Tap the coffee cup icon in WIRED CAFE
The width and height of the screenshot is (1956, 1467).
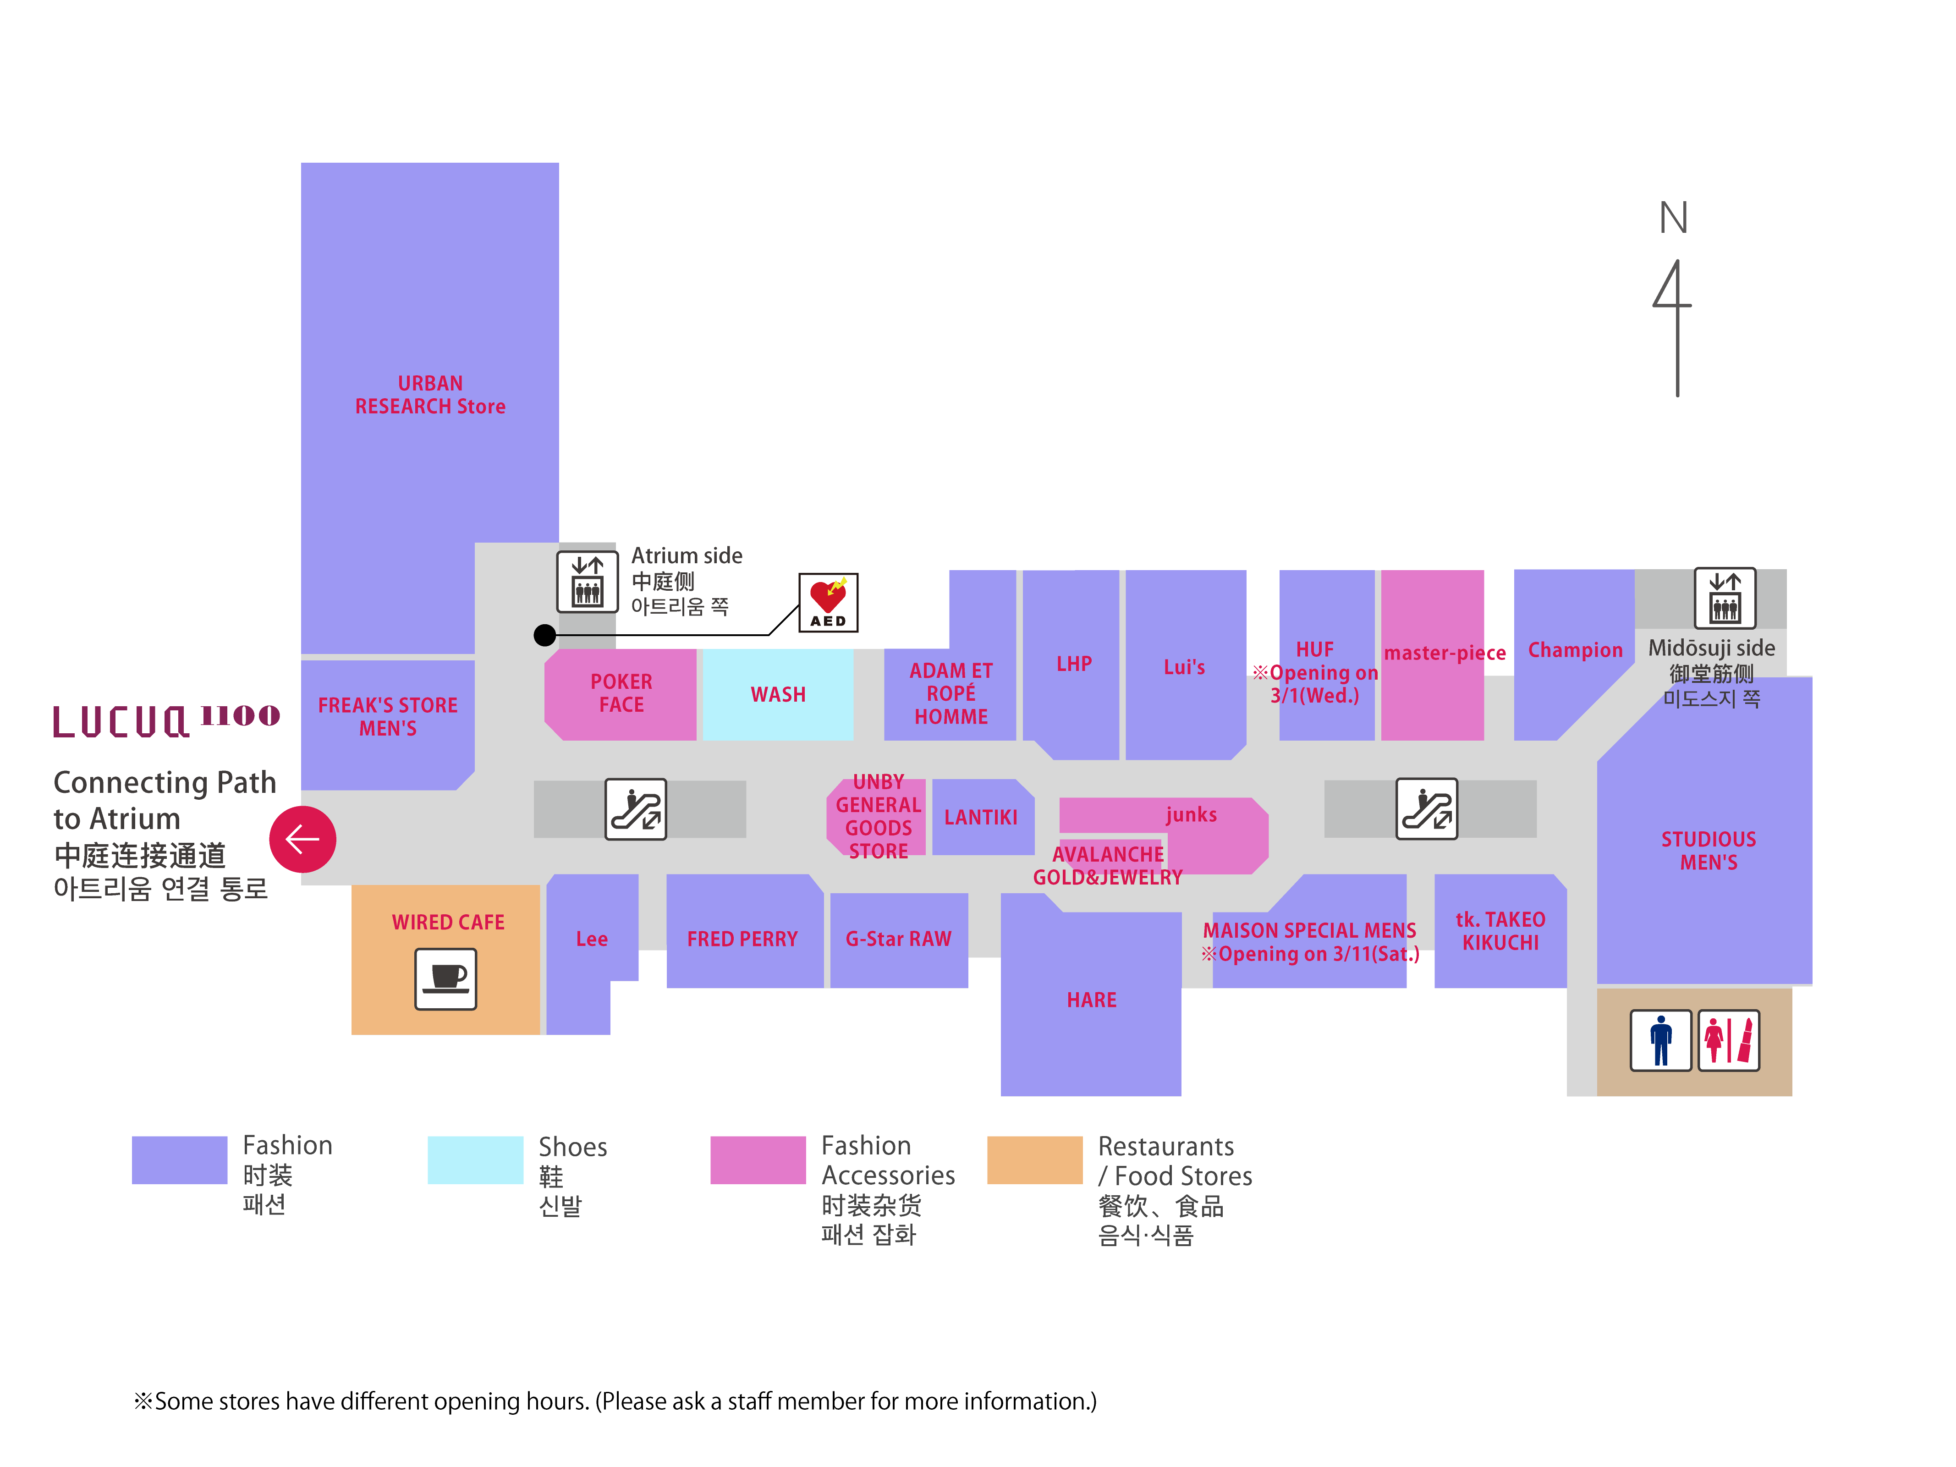tap(445, 978)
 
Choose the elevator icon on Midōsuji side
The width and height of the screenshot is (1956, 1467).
tap(1724, 598)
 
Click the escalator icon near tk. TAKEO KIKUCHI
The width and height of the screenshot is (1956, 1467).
tap(1426, 808)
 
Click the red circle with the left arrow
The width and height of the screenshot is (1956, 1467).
tap(302, 839)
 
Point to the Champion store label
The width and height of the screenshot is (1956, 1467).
tap(1575, 650)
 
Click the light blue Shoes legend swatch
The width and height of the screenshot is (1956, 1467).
tap(475, 1159)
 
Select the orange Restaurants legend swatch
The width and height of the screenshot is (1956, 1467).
tap(1034, 1159)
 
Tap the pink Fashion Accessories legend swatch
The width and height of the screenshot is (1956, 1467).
tap(757, 1159)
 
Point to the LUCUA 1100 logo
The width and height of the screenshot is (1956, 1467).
tap(166, 721)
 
